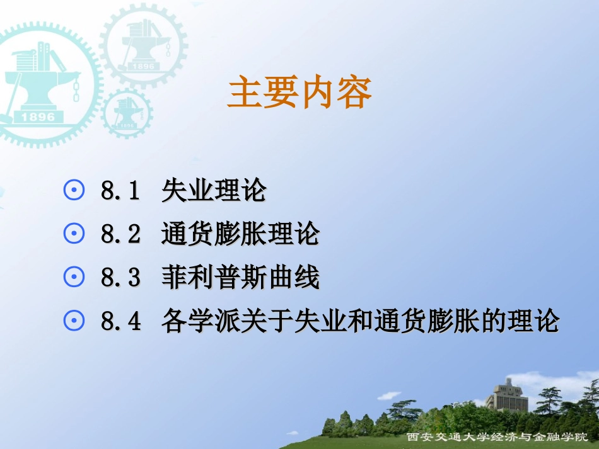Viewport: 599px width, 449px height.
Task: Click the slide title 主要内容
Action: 299,93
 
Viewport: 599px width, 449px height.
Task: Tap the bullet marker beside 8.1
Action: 74,191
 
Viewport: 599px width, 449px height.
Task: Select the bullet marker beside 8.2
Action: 74,234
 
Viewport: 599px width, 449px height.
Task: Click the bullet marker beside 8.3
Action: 74,278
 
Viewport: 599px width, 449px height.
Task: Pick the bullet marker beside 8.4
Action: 74,321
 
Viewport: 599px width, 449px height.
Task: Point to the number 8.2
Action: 120,235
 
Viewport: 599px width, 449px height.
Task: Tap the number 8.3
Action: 120,278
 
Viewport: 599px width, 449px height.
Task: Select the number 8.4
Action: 120,322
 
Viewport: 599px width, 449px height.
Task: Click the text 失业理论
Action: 214,191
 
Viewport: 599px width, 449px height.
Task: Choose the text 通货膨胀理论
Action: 240,234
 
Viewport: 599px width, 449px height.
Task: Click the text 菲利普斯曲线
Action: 240,278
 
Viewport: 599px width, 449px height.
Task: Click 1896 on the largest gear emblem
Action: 38,117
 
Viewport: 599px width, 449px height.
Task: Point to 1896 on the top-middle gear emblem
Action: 143,65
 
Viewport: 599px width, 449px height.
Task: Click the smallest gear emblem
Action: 127,113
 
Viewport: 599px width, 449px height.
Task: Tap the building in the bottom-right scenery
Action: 508,395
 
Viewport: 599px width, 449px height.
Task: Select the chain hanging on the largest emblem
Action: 76,88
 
